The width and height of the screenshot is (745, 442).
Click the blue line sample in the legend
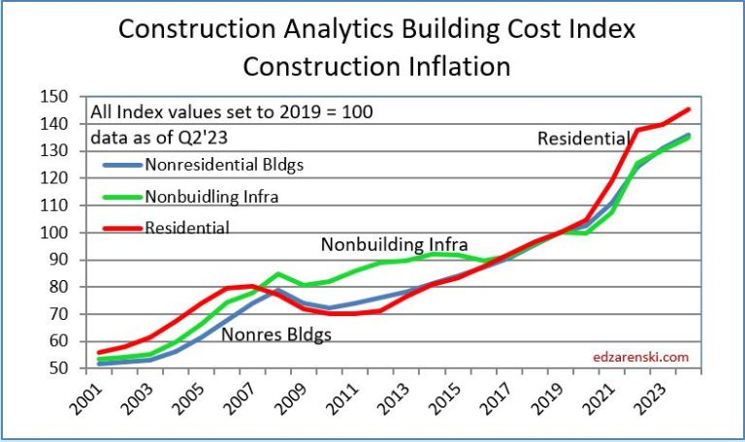click(115, 164)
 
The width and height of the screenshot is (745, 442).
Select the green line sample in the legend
click(115, 196)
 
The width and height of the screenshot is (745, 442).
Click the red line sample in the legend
click(115, 228)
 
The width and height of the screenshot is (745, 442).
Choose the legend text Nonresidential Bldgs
click(223, 164)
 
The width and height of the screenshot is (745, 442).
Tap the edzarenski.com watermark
click(640, 357)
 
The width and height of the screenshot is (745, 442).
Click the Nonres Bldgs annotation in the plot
click(276, 335)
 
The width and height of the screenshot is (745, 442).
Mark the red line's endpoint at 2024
click(690, 109)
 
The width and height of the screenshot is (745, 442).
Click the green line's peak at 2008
click(277, 274)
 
